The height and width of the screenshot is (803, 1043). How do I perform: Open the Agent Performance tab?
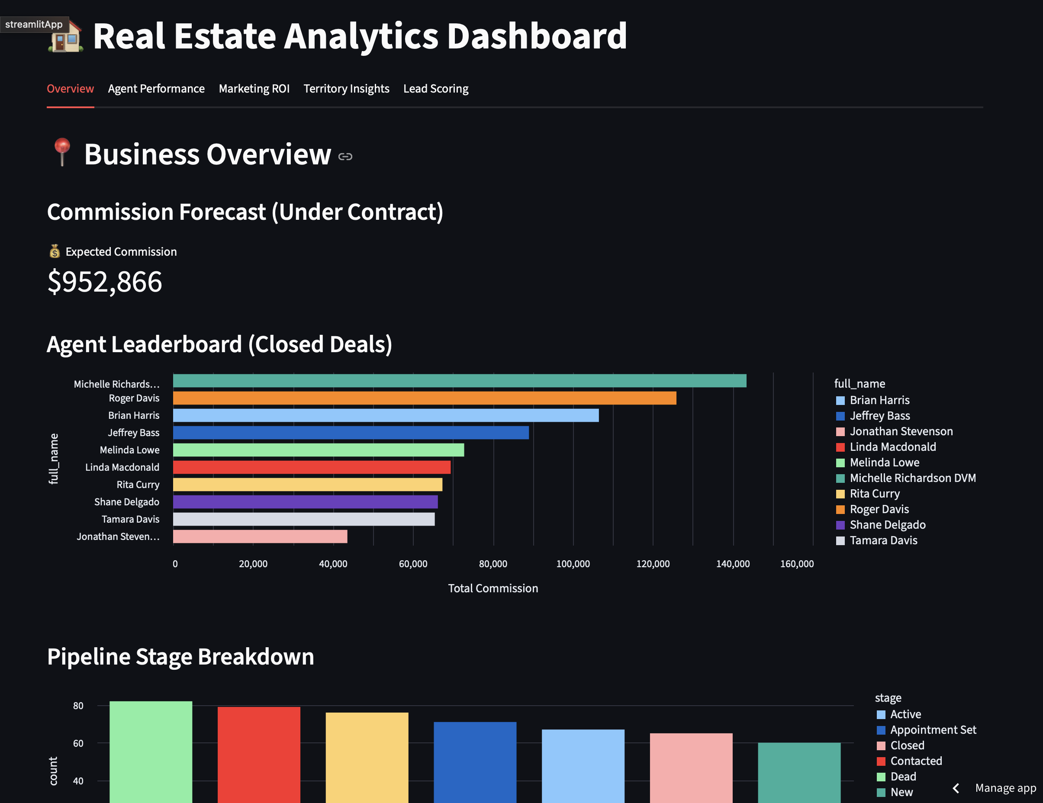156,89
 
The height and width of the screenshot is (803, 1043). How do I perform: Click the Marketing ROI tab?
254,89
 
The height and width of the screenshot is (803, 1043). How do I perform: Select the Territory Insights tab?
346,89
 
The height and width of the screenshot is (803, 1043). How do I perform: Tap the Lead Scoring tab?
435,89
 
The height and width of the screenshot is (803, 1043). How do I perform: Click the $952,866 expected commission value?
105,282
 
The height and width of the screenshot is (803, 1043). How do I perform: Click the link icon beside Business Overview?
345,157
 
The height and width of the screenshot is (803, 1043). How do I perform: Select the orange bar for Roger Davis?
424,398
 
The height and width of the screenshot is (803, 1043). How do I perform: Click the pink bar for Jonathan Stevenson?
260,536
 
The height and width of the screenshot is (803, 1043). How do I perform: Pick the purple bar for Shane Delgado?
305,502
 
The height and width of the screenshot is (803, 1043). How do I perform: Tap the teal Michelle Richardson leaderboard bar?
460,381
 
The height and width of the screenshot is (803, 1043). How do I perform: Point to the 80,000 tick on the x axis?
493,564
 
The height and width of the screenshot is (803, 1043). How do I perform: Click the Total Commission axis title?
493,588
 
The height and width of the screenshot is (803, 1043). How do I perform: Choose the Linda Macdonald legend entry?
892,447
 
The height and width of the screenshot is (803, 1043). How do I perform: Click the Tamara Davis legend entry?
883,540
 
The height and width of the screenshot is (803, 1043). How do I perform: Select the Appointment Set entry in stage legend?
933,730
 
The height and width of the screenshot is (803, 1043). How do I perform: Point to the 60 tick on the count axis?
78,743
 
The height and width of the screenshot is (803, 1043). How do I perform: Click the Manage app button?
1005,788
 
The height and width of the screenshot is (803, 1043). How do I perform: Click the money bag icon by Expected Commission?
55,252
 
